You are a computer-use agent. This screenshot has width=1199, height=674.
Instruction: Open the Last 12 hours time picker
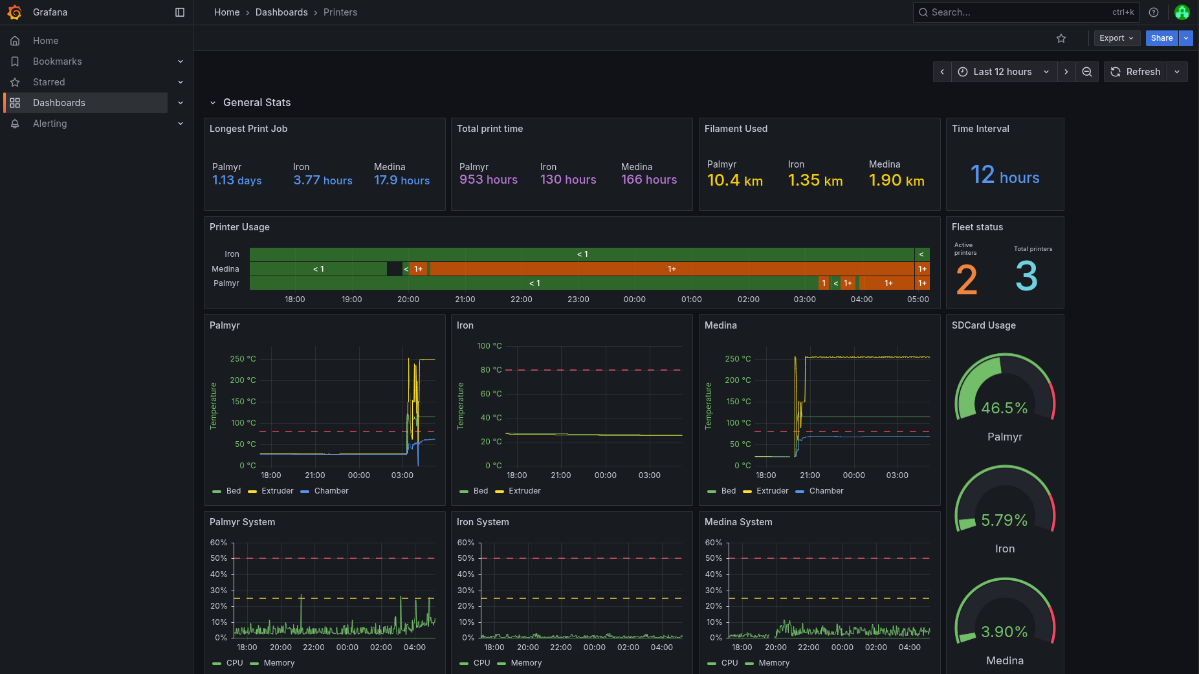coord(1003,72)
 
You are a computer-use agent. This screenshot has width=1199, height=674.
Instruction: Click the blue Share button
coord(1161,38)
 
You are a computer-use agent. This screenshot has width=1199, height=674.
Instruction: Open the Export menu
coord(1116,38)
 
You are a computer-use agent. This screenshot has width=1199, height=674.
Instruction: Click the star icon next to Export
coord(1061,38)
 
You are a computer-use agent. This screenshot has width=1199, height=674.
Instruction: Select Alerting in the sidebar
coord(50,124)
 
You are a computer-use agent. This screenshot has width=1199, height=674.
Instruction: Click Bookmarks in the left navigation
coord(57,61)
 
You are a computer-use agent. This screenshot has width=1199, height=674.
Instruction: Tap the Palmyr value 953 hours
coord(488,180)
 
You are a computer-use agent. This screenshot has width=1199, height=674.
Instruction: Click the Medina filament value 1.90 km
coord(896,180)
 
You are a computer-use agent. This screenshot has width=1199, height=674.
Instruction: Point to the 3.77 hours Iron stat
coord(322,180)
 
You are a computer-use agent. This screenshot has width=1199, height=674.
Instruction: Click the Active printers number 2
coord(967,279)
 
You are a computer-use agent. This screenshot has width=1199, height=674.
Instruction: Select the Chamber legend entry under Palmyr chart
coord(331,491)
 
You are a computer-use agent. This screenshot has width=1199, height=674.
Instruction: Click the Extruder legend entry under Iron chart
coord(524,491)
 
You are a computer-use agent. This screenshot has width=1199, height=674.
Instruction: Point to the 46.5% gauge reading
coord(1004,408)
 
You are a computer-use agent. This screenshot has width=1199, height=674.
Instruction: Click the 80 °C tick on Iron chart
coord(490,370)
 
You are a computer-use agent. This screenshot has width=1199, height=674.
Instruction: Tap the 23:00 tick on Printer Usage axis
coord(578,299)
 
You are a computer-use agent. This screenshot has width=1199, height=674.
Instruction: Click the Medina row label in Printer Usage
coord(225,269)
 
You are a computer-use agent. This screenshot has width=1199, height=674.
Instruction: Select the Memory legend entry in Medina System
coord(773,663)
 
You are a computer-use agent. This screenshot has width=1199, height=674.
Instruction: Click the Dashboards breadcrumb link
coord(281,12)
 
